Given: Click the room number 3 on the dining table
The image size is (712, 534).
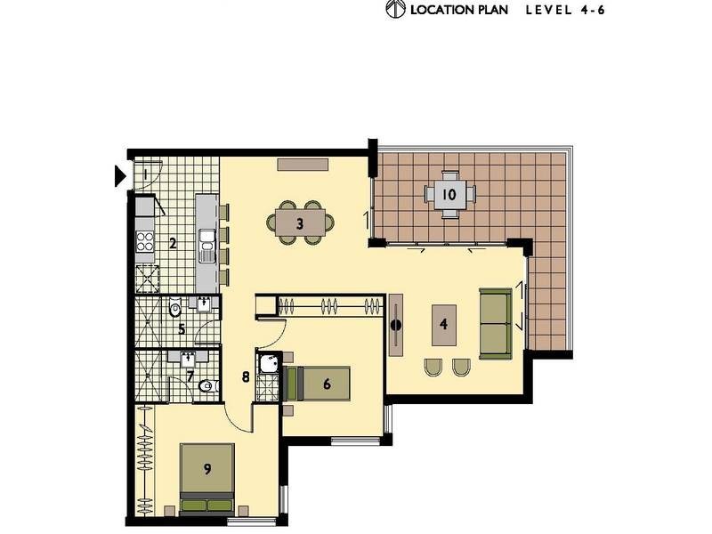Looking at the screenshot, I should click(x=300, y=223).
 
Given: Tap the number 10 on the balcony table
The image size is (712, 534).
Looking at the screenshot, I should click(x=449, y=194).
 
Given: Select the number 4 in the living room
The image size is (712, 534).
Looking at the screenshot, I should click(x=443, y=325).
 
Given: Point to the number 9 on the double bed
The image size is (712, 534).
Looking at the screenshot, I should click(x=207, y=469).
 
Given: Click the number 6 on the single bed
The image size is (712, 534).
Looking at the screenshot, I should click(x=327, y=384).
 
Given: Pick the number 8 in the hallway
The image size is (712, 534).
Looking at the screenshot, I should click(x=246, y=376).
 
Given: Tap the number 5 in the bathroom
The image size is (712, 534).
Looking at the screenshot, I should click(x=181, y=329).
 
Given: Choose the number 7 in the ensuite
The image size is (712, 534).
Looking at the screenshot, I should click(x=189, y=376).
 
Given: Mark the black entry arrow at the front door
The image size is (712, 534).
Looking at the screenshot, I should click(x=121, y=175).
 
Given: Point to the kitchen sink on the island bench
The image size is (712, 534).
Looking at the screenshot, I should click(x=207, y=242).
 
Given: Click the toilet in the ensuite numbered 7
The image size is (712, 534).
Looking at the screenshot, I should click(x=205, y=386).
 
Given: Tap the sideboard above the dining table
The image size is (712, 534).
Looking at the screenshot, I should click(x=303, y=164).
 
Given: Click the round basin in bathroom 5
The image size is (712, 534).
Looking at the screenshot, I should click(x=175, y=311).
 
